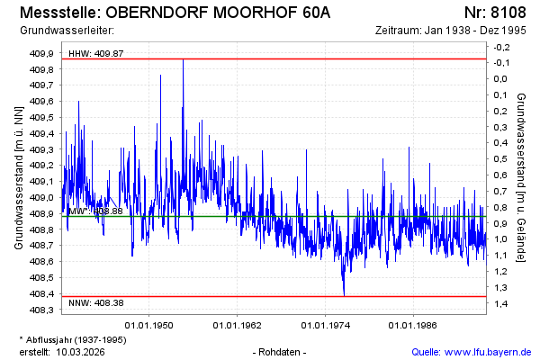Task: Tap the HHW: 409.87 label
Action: pyautogui.click(x=96, y=54)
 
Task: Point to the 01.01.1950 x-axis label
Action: pyautogui.click(x=149, y=325)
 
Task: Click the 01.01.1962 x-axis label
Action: pyautogui.click(x=237, y=325)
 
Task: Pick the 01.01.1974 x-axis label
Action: pyautogui.click(x=325, y=325)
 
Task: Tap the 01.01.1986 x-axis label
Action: pyautogui.click(x=412, y=325)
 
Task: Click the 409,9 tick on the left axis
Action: pyautogui.click(x=43, y=53)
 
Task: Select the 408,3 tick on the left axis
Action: pyautogui.click(x=43, y=310)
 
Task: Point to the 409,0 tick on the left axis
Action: pyautogui.click(x=43, y=197)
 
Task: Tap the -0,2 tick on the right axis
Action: pyautogui.click(x=501, y=47)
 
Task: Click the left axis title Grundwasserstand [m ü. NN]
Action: pyautogui.click(x=18, y=177)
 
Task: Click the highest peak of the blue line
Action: pyautogui.click(x=183, y=59)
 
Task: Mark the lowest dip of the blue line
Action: pyautogui.click(x=344, y=294)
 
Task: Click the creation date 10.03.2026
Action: pyautogui.click(x=80, y=351)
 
